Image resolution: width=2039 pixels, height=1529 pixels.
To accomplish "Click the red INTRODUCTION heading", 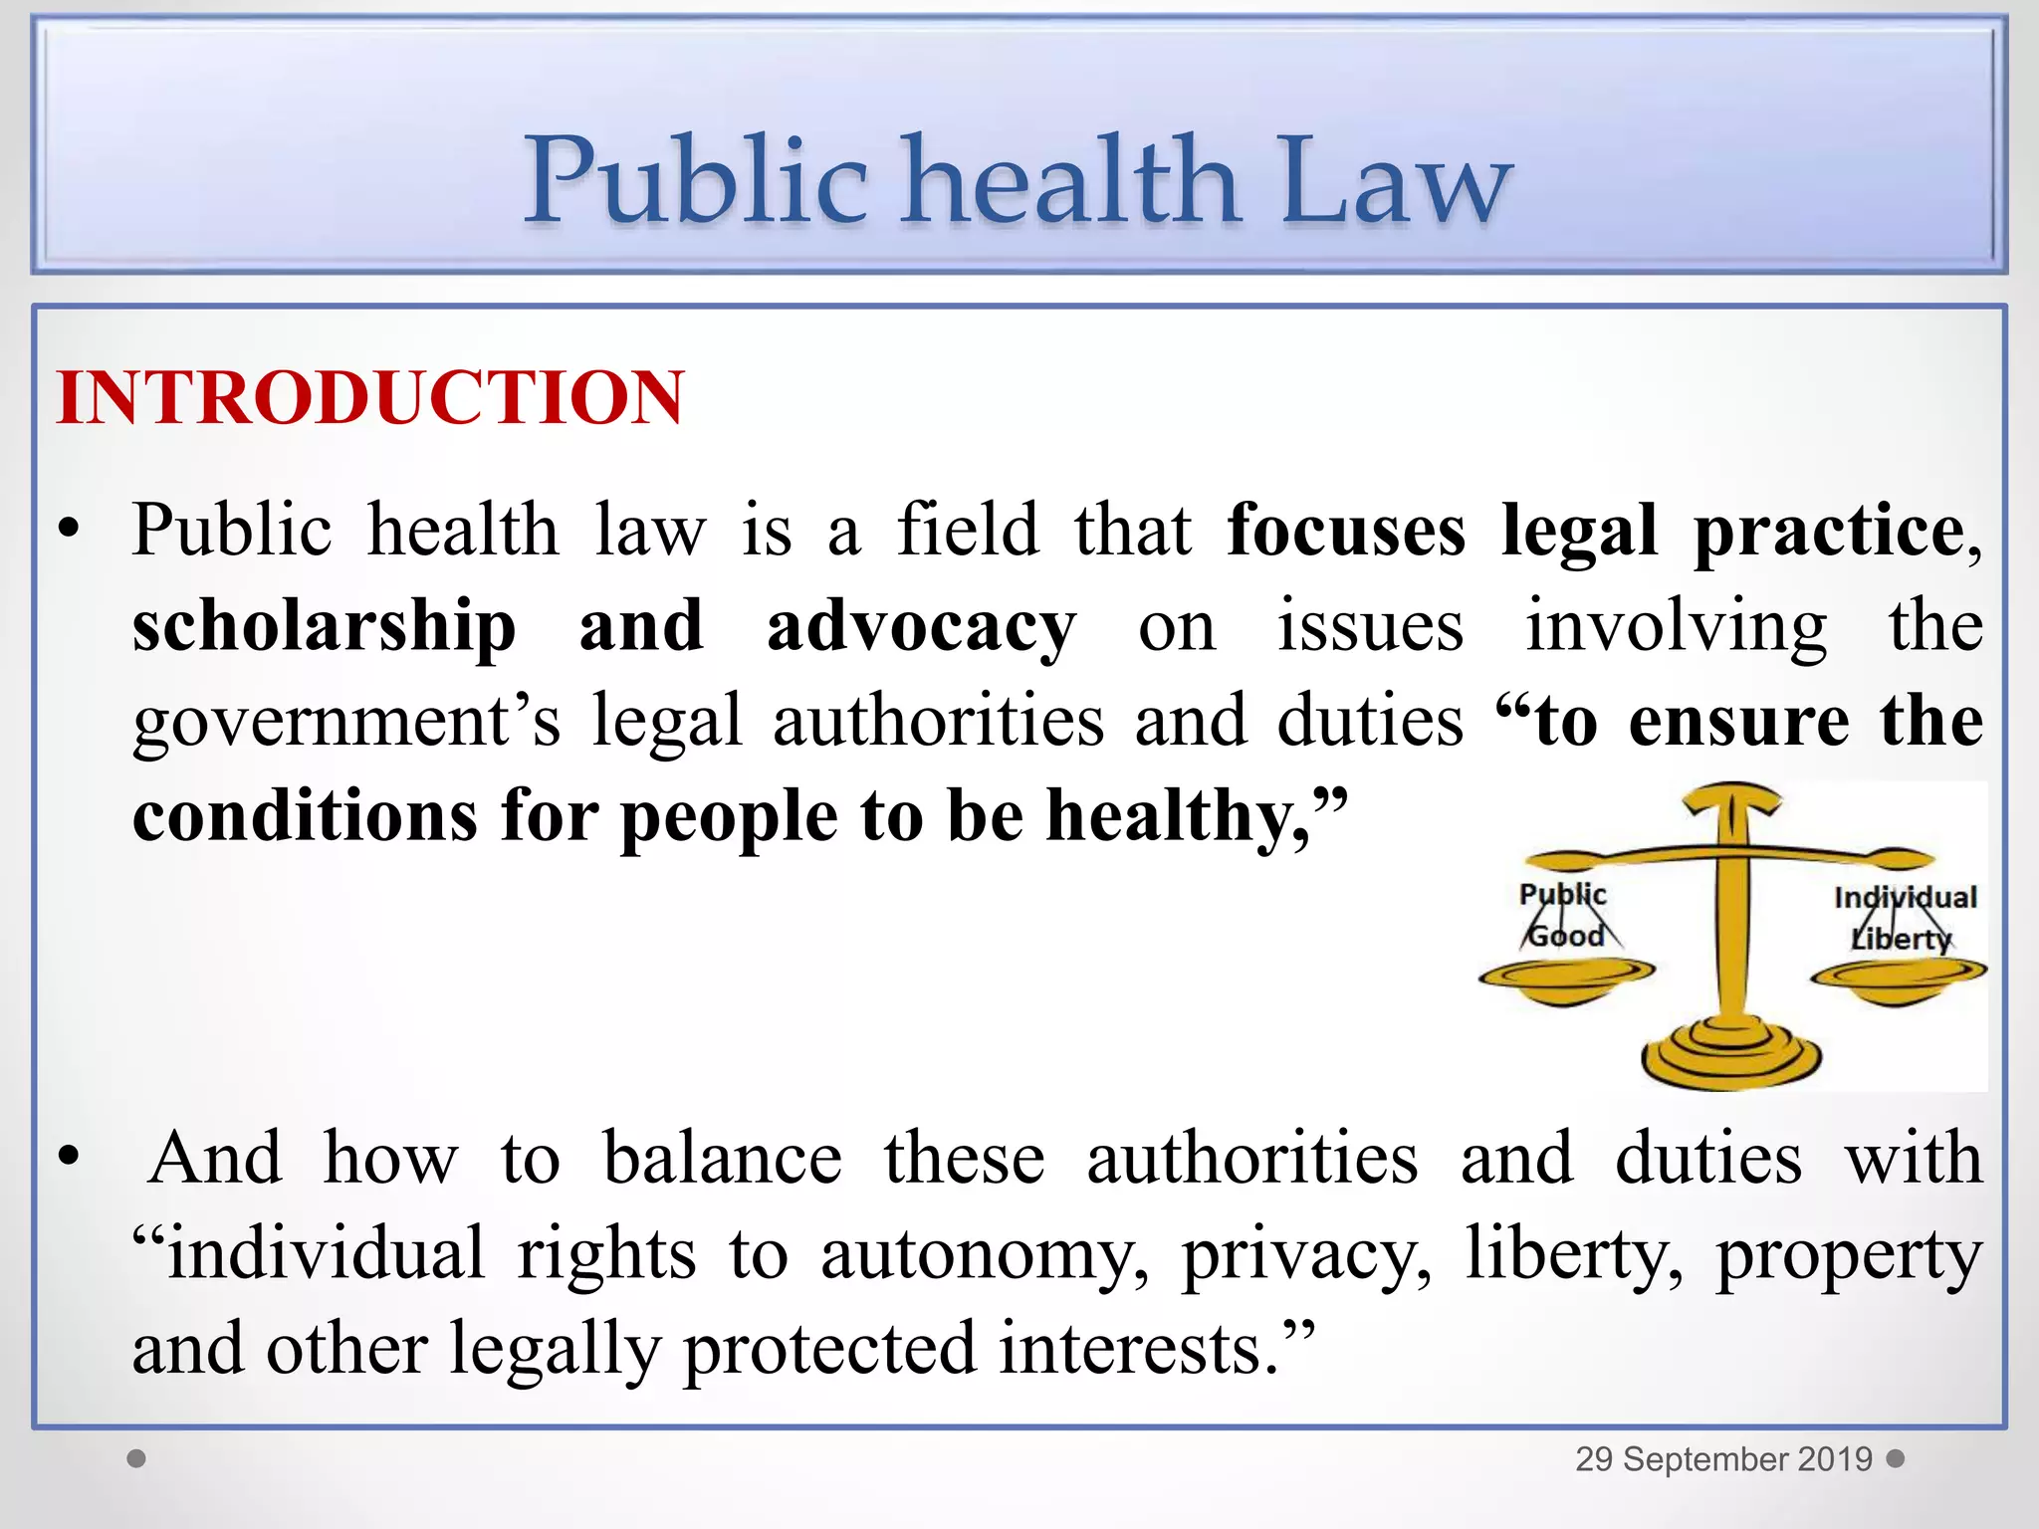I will pyautogui.click(x=370, y=398).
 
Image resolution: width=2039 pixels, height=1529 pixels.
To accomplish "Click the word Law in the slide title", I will pyautogui.click(x=1397, y=181).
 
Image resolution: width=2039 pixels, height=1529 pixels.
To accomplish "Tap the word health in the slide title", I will pyautogui.click(x=1071, y=181).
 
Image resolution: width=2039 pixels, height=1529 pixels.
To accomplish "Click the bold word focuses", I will pyautogui.click(x=1346, y=530).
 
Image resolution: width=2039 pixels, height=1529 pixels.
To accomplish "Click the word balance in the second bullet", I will pyautogui.click(x=723, y=1159).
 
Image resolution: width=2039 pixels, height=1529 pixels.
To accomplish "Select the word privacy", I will pyautogui.click(x=1306, y=1254).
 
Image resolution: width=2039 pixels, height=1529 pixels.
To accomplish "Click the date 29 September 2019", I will pyautogui.click(x=1723, y=1459).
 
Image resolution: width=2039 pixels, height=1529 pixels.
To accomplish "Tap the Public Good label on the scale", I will pyautogui.click(x=1563, y=915).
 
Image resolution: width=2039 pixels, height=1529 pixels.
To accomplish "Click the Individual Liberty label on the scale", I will pyautogui.click(x=1904, y=918).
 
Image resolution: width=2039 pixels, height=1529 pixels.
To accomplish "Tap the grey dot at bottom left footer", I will pyautogui.click(x=137, y=1458).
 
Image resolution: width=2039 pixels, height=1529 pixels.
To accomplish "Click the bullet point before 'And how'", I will pyautogui.click(x=68, y=1158).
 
